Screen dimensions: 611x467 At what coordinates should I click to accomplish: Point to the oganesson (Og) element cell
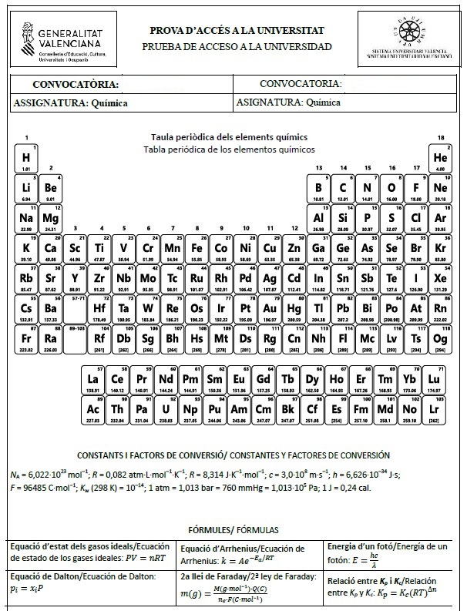(x=441, y=339)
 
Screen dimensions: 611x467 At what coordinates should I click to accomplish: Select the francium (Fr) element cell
(x=26, y=339)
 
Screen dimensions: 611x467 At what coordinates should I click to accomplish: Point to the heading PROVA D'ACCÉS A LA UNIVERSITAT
(x=237, y=31)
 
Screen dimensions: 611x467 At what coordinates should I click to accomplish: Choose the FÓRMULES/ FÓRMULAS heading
(x=233, y=529)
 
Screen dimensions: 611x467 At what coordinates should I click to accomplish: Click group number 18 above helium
(x=441, y=138)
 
